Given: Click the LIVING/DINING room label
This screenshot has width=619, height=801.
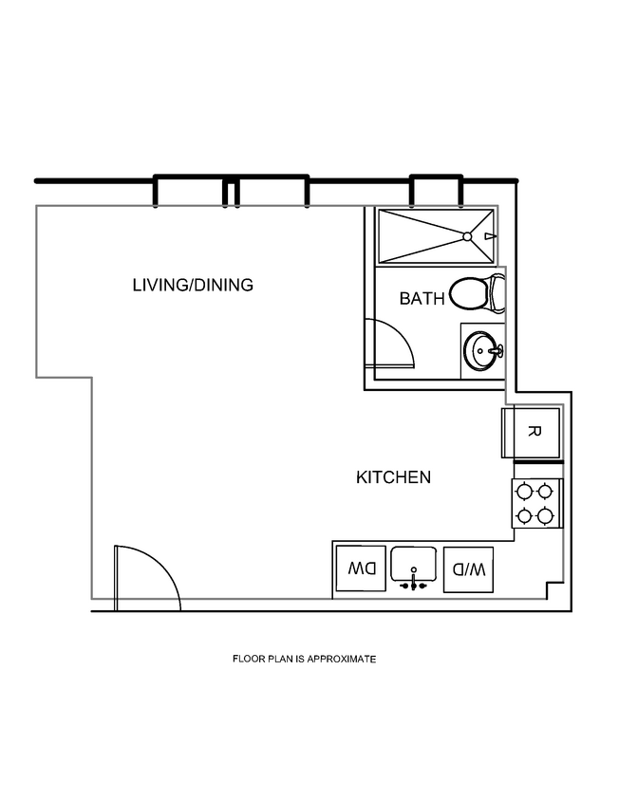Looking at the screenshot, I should pyautogui.click(x=193, y=285).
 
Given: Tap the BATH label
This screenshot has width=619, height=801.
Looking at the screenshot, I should pyautogui.click(x=422, y=299).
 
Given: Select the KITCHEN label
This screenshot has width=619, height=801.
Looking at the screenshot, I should pyautogui.click(x=393, y=477).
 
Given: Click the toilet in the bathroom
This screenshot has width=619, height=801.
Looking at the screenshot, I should pyautogui.click(x=472, y=293).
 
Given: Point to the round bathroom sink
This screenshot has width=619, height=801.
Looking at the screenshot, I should pyautogui.click(x=483, y=351).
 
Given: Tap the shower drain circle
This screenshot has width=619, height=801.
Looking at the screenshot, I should pyautogui.click(x=467, y=236).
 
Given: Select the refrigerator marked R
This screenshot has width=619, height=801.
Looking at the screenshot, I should pyautogui.click(x=533, y=433).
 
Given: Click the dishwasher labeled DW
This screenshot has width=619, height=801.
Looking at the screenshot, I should pyautogui.click(x=361, y=570).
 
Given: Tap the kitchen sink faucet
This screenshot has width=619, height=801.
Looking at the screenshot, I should pyautogui.click(x=414, y=582).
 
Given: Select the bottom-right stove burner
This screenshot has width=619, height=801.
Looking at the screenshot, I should pyautogui.click(x=545, y=516).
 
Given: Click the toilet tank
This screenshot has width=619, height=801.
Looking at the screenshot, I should pyautogui.click(x=498, y=293).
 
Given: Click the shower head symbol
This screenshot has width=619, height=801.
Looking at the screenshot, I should pyautogui.click(x=488, y=236).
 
